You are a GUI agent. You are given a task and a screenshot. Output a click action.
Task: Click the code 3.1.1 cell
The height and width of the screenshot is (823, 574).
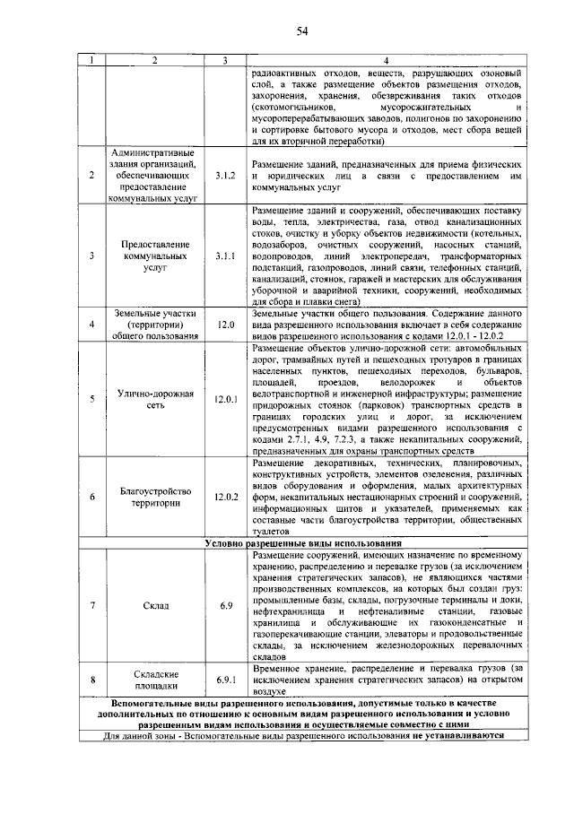click(225, 256)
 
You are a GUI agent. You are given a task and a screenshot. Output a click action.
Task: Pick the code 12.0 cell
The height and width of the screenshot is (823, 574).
click(225, 324)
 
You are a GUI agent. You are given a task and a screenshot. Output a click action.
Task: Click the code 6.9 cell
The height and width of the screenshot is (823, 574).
click(225, 606)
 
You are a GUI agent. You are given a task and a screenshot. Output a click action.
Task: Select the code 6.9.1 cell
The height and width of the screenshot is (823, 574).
click(225, 680)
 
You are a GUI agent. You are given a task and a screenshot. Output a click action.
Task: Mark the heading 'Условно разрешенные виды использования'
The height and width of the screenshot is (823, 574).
click(302, 543)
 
